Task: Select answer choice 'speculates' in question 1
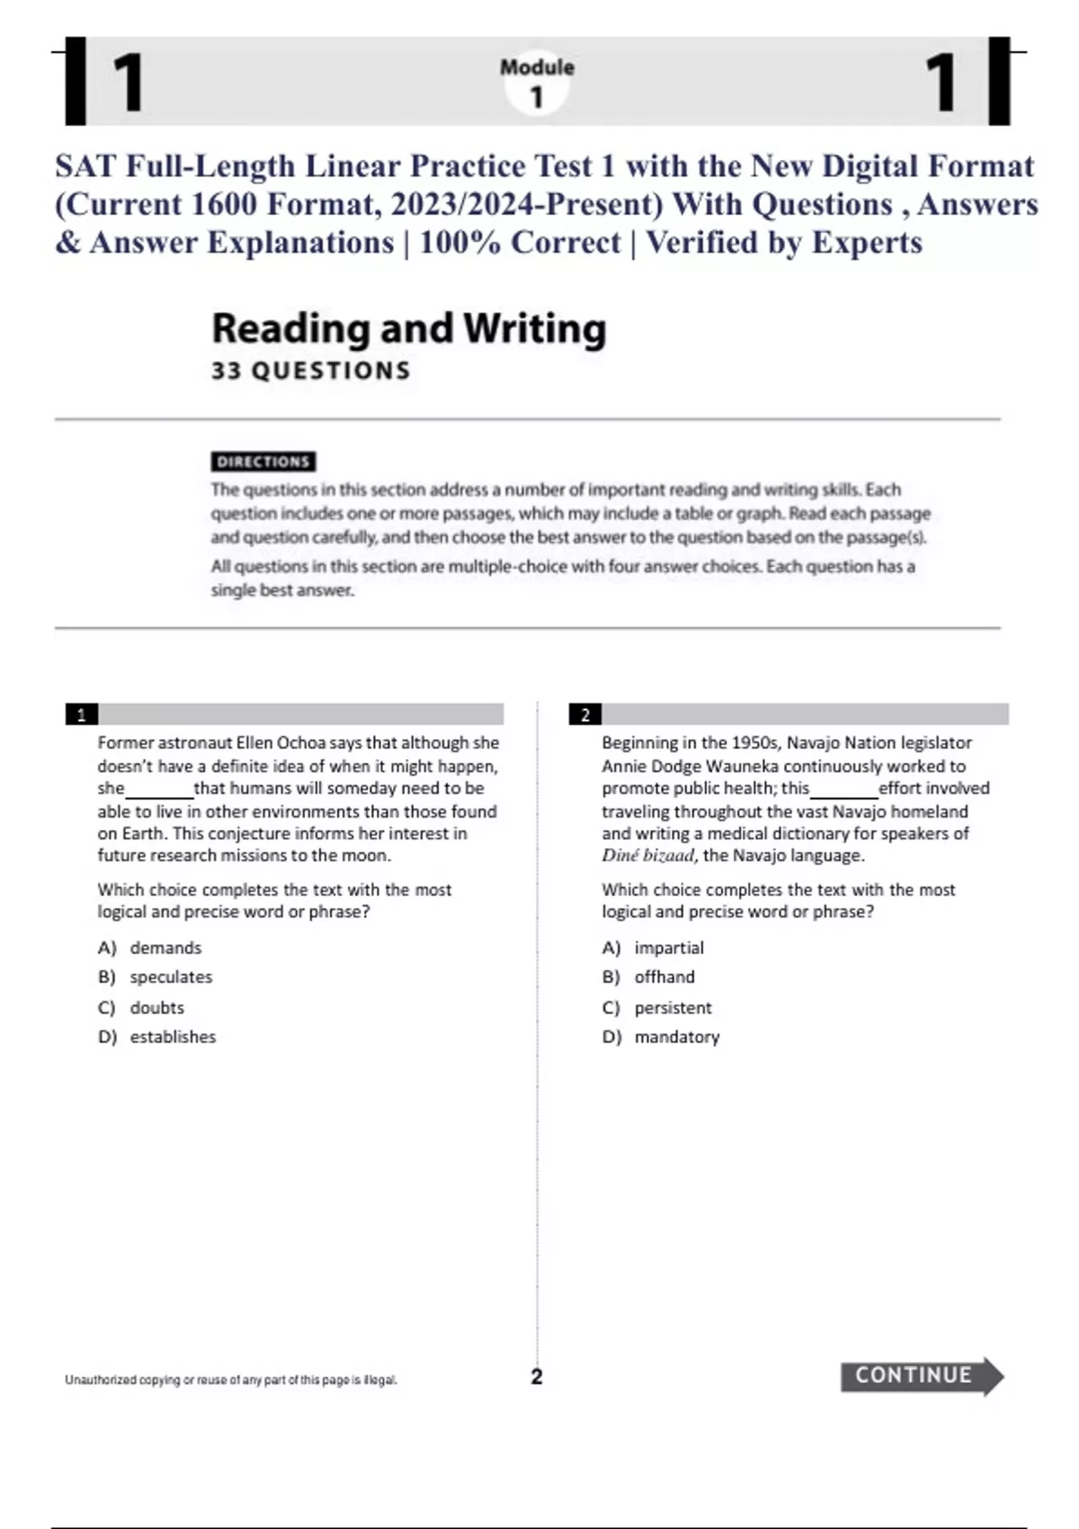pos(170,977)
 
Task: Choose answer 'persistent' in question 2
pos(673,1007)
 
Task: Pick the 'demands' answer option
pos(165,948)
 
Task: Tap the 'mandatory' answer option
pos(676,1037)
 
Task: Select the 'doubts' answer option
pos(156,1007)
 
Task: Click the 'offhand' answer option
pos(664,977)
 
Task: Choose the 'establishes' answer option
pos(173,1037)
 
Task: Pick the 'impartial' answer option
pos(669,948)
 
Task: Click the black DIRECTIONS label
pos(263,461)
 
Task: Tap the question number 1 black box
pos(82,715)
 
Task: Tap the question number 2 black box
pos(585,715)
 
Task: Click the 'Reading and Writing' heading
pos(409,328)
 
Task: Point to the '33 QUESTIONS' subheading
pos(311,371)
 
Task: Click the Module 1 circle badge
pos(537,83)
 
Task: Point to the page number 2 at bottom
pos(537,1376)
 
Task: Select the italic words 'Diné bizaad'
pos(647,855)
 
